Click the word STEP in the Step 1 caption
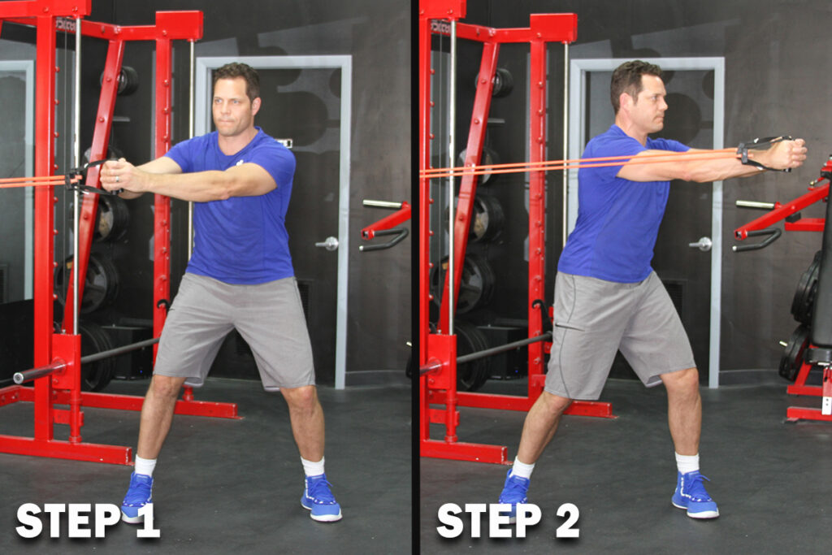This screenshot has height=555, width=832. pyautogui.click(x=68, y=521)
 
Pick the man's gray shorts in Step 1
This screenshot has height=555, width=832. pyautogui.click(x=235, y=329)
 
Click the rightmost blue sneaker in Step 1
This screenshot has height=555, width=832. pyautogui.click(x=321, y=497)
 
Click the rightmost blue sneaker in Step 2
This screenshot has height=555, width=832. pyautogui.click(x=695, y=494)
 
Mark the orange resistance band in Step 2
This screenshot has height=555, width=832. pyautogui.click(x=578, y=163)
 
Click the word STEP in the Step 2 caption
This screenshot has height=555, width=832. pyautogui.click(x=488, y=521)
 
